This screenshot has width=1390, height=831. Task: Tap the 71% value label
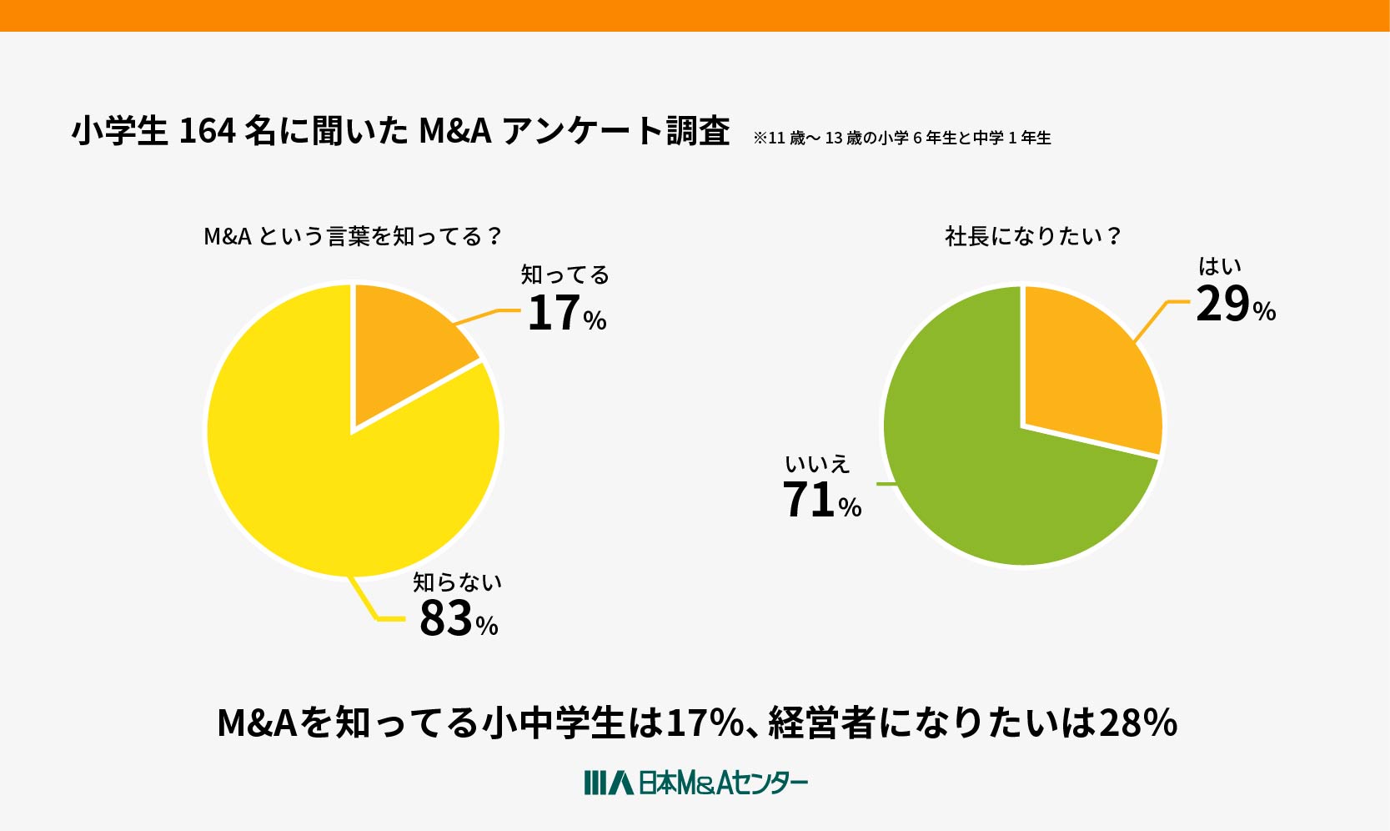(822, 501)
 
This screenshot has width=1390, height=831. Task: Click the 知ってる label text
(565, 274)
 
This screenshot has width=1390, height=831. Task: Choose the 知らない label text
(458, 582)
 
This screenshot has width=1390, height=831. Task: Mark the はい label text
(1220, 266)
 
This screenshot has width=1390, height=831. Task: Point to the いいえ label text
(817, 463)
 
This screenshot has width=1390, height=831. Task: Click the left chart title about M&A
(352, 237)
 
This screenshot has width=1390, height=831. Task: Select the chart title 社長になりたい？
(1032, 237)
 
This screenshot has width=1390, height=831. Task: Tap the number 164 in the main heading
(207, 131)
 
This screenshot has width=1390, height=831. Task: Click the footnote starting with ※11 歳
(901, 138)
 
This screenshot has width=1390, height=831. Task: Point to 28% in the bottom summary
(1138, 723)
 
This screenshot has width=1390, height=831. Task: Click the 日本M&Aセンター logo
(695, 783)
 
